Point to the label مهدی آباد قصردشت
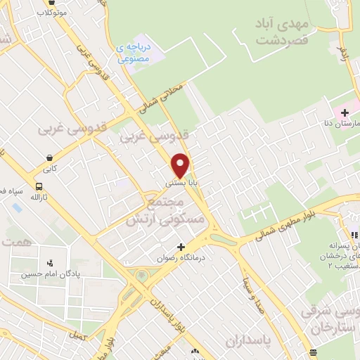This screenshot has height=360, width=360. pyautogui.click(x=283, y=31)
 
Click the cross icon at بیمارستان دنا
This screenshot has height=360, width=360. pyautogui.click(x=345, y=112)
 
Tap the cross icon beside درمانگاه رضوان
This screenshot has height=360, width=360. pyautogui.click(x=181, y=247)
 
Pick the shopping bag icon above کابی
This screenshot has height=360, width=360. pyautogui.click(x=49, y=158)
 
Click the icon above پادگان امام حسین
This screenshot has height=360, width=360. pyautogui.click(x=49, y=264)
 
